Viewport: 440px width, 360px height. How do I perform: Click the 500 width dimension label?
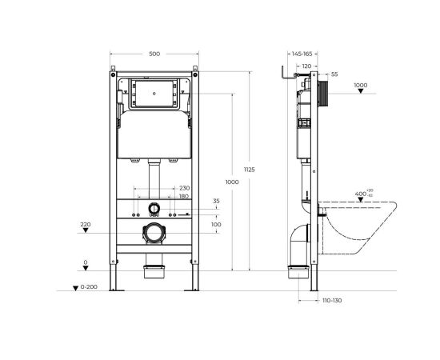(154, 54)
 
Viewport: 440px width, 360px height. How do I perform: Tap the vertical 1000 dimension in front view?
(232, 182)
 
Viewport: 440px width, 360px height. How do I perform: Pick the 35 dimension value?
(215, 201)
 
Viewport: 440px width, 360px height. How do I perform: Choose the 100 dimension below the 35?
(215, 225)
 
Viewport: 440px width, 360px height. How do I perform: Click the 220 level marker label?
(86, 225)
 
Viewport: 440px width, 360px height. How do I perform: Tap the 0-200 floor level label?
(87, 286)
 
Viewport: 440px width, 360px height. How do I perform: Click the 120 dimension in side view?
(305, 66)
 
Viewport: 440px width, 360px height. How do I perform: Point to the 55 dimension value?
(334, 74)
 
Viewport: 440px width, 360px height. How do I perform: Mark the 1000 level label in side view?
(360, 85)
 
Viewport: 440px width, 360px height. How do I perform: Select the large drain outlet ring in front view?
(154, 234)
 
